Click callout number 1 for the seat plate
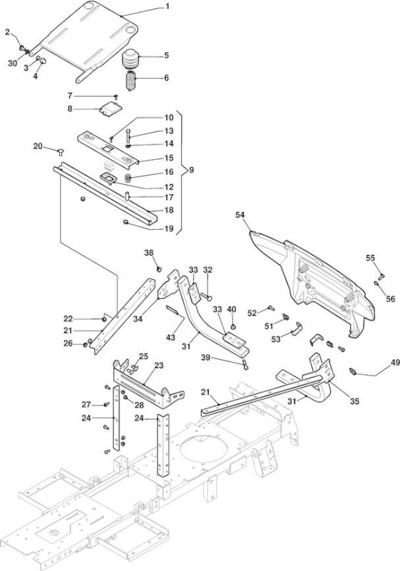coord(168,6)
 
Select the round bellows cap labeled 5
coord(130,59)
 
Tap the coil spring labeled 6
coord(130,81)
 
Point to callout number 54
coord(240,215)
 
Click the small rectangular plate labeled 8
coord(111,108)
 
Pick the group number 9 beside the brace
coord(191,170)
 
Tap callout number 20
coord(38,146)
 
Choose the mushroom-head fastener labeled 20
coord(60,151)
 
